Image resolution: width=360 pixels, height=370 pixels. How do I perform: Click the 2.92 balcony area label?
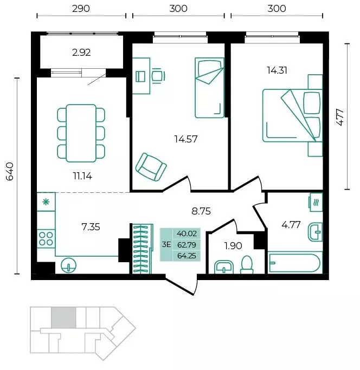coord(81,53)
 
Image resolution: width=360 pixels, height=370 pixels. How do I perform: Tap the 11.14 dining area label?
coord(82,176)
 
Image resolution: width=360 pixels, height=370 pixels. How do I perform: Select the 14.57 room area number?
coord(185,139)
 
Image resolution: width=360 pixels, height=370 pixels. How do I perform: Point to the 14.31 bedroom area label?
coord(277,70)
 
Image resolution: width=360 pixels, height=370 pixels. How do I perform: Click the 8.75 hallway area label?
coord(201,211)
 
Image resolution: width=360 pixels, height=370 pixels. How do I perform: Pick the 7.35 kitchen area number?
coord(91,227)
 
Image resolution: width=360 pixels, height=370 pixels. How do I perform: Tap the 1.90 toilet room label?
coord(233,246)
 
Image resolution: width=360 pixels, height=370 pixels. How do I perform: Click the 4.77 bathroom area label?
coord(291,225)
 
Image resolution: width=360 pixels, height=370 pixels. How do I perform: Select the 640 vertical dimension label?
coord(10,171)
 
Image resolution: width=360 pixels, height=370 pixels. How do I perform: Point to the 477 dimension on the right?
coord(340,117)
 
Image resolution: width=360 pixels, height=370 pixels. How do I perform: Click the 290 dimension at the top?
coord(81,9)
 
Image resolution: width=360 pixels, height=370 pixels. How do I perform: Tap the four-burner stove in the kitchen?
coord(46,238)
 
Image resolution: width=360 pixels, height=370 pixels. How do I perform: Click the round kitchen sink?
coord(68,265)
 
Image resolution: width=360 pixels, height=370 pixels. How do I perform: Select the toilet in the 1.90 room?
coord(247,265)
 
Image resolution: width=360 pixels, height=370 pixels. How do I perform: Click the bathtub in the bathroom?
coord(294,263)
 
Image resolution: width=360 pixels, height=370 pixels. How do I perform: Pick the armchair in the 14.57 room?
coord(151,167)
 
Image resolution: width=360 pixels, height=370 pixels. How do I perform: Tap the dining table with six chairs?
coord(81,133)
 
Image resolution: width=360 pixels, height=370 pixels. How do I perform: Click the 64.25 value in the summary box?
coord(187,256)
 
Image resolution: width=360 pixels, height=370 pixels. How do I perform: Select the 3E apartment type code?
coord(166,245)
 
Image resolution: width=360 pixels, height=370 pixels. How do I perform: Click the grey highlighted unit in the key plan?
coord(64,317)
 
